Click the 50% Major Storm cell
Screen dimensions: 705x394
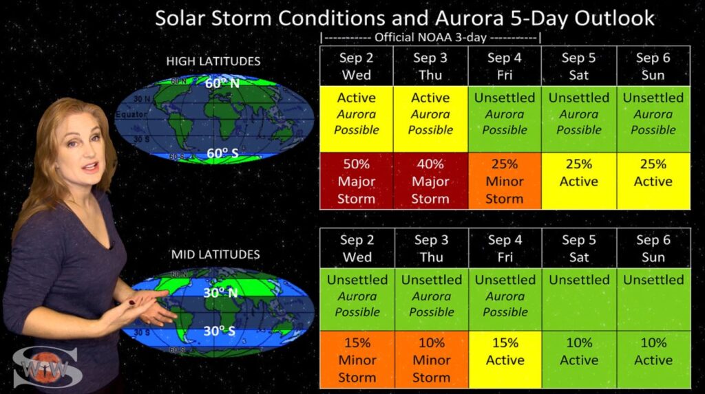click(356, 181)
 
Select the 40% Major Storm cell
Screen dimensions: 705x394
click(430, 181)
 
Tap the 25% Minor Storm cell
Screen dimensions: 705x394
click(505, 181)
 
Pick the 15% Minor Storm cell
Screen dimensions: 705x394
click(357, 360)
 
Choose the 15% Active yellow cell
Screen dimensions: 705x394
click(505, 360)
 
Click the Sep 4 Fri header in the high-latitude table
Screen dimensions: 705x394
click(505, 66)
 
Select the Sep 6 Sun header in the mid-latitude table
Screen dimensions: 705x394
click(653, 248)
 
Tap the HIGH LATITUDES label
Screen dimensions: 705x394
click(213, 61)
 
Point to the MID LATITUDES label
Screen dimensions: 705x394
click(215, 254)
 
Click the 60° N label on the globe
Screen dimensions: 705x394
click(222, 83)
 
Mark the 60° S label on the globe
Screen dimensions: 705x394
click(222, 153)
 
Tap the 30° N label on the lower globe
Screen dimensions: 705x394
click(220, 293)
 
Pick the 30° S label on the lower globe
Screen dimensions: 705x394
click(219, 331)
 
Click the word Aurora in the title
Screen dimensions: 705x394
click(470, 19)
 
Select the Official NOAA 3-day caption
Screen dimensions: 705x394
click(431, 37)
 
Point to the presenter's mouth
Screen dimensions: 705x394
click(90, 168)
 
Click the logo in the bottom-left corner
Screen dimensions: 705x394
click(48, 367)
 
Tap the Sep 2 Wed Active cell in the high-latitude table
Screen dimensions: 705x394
click(356, 119)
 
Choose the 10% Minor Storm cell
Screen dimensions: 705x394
click(432, 360)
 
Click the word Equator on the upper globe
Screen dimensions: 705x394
click(131, 115)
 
